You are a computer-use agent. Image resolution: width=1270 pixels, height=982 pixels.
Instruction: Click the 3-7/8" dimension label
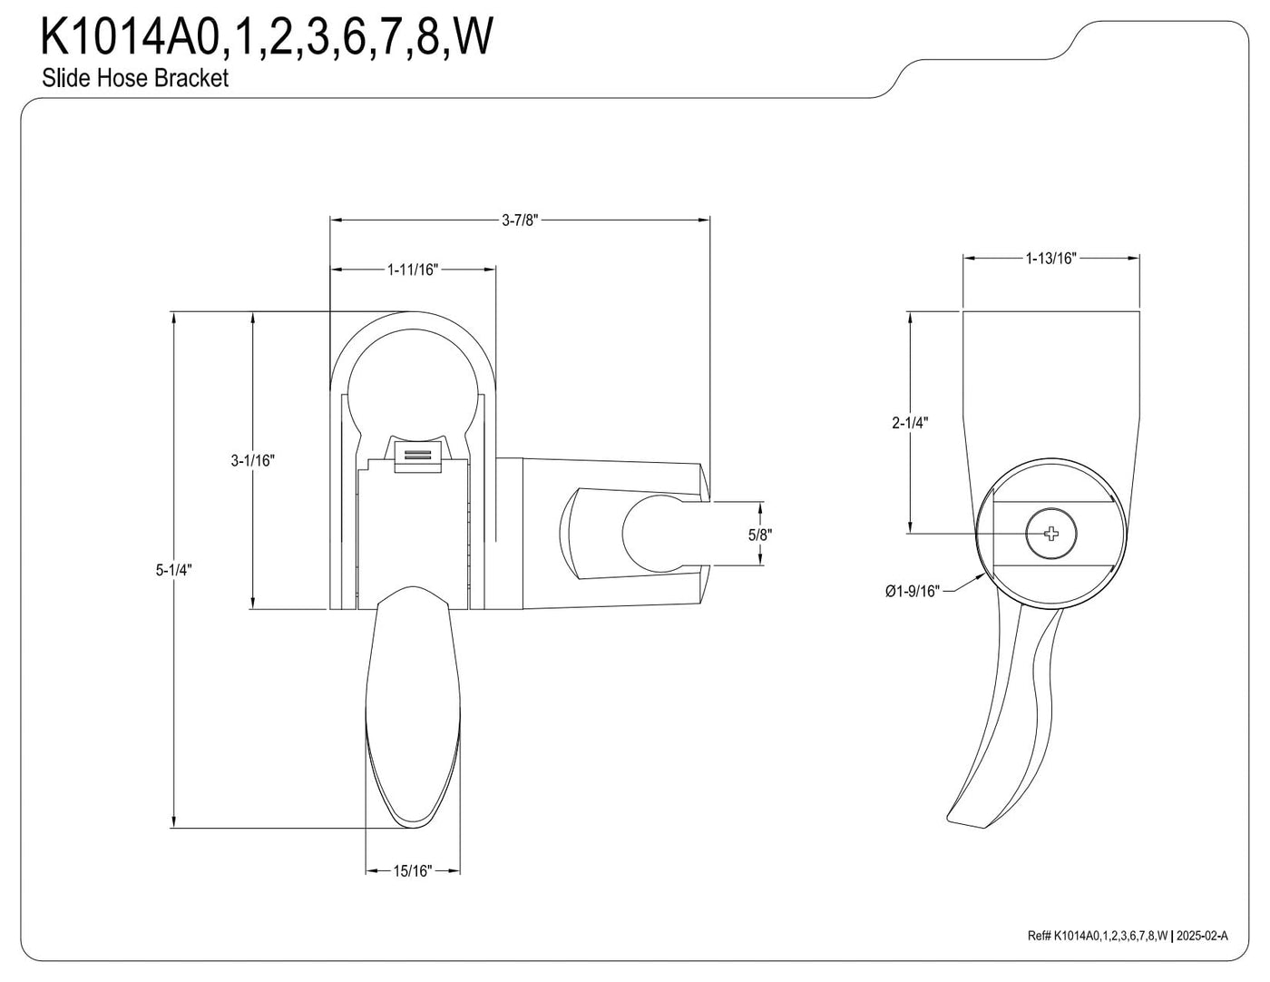pyautogui.click(x=519, y=221)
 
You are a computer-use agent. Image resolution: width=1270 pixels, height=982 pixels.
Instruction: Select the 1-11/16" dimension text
pyautogui.click(x=413, y=270)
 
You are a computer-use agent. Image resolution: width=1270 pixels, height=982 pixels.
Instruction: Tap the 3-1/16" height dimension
pyautogui.click(x=252, y=461)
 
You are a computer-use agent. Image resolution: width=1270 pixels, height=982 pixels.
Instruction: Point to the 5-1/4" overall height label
pyautogui.click(x=173, y=570)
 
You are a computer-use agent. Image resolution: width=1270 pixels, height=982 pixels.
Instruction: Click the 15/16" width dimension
pyautogui.click(x=413, y=871)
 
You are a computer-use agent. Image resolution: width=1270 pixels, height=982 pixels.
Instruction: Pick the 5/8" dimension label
pyautogui.click(x=760, y=535)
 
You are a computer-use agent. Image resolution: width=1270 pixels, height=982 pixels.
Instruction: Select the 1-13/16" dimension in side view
pyautogui.click(x=1050, y=259)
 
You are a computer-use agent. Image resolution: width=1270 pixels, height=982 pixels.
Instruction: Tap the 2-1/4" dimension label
pyautogui.click(x=910, y=423)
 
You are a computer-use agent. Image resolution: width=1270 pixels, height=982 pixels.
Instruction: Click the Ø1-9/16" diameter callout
pyautogui.click(x=913, y=591)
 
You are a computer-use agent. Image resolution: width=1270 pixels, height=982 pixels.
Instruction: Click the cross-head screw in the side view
pyautogui.click(x=1051, y=533)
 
